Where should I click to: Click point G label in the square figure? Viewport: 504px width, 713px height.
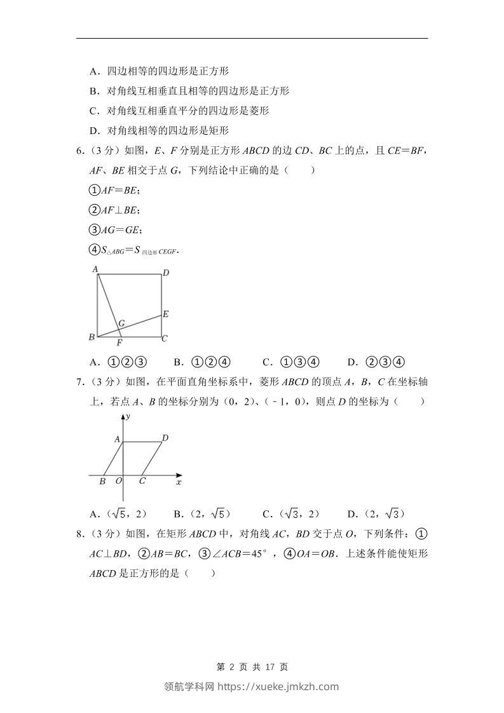[121, 323]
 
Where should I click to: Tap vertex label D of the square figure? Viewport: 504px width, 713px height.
[165, 273]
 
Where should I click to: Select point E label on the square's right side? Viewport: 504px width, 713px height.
[165, 314]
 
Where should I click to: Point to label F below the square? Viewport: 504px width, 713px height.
[119, 343]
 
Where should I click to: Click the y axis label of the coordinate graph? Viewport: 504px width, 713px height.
[128, 416]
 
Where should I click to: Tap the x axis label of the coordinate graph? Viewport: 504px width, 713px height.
[179, 483]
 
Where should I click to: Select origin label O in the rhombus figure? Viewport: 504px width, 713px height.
[118, 481]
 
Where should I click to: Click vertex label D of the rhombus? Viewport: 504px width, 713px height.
[165, 438]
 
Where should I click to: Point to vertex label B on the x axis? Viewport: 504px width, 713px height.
[102, 481]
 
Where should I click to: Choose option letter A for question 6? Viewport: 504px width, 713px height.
[93, 363]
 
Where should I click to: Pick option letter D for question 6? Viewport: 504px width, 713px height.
[351, 363]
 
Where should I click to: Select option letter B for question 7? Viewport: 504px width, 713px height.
[177, 514]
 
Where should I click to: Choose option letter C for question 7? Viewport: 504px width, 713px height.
[266, 514]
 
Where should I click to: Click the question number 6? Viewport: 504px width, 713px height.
[79, 151]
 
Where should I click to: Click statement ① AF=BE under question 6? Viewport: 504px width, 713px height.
[114, 190]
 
